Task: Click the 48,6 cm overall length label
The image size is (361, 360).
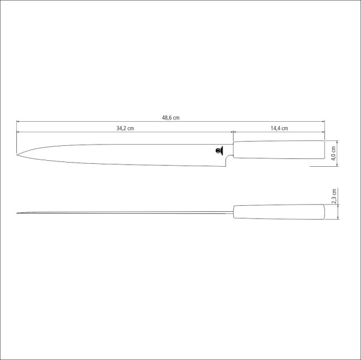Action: (x=170, y=118)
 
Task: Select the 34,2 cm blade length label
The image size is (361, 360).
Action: (x=125, y=128)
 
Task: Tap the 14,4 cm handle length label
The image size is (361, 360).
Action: (x=279, y=128)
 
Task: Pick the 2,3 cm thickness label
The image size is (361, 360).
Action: (x=334, y=195)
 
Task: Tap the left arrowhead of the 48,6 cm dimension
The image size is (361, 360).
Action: (x=18, y=122)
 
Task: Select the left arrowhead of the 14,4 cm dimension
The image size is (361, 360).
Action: (x=234, y=131)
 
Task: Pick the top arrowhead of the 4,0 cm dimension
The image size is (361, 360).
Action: (x=339, y=142)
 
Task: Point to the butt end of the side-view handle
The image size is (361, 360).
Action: (x=324, y=151)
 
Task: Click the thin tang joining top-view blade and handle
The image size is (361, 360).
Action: (x=231, y=212)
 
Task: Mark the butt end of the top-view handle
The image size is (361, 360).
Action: (x=324, y=212)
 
